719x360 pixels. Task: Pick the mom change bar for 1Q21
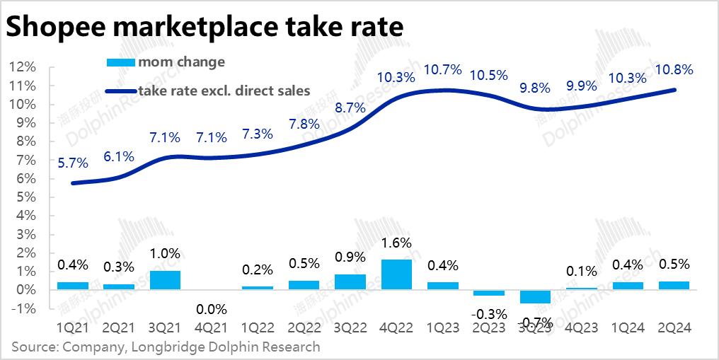coord(73,286)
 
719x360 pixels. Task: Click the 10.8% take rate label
coord(674,70)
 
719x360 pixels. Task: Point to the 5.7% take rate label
coord(73,163)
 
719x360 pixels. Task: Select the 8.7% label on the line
coord(350,108)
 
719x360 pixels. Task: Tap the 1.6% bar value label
coord(396,243)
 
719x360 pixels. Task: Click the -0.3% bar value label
coord(489,313)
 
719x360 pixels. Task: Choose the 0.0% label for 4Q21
coord(212,309)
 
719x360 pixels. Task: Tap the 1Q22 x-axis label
coord(258,328)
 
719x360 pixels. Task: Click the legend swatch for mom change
coord(120,62)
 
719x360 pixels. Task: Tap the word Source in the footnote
coord(33,347)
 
